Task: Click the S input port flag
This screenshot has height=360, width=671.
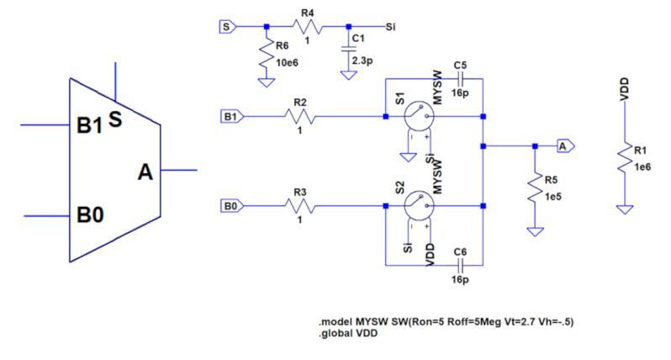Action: [x=225, y=26]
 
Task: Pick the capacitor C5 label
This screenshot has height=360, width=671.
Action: [x=460, y=64]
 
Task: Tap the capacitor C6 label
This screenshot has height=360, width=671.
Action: [x=460, y=251]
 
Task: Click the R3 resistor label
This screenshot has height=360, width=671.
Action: [x=299, y=191]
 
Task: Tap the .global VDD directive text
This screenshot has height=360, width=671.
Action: [x=347, y=334]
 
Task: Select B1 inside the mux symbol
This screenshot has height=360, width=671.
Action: [x=90, y=126]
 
